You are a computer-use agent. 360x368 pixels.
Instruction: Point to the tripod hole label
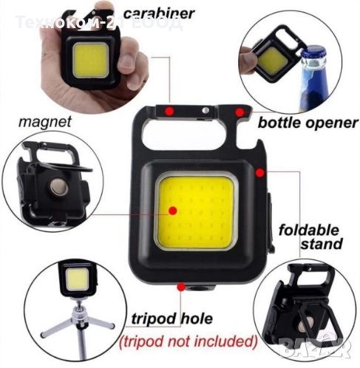(x=171, y=319)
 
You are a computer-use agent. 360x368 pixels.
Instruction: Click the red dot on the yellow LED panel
(x=172, y=211)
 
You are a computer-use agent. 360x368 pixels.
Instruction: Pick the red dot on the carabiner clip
(x=170, y=111)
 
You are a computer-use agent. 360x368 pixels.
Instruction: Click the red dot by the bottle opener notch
(x=239, y=112)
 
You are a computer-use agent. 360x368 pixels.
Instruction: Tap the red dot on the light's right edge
(x=259, y=171)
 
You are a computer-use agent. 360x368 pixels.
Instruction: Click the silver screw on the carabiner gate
(x=204, y=111)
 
